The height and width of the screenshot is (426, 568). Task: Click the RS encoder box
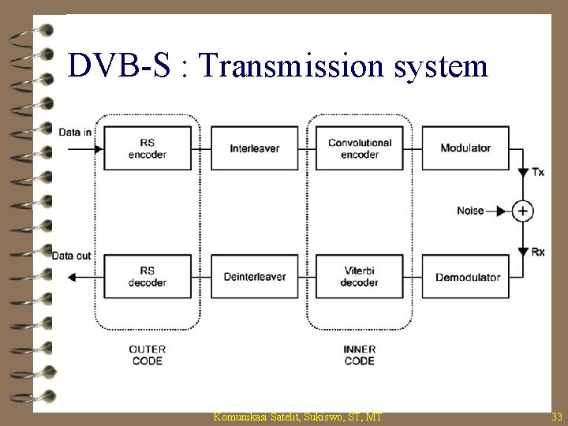(148, 148)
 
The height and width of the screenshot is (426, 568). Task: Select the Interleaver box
(255, 148)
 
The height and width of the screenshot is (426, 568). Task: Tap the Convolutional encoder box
(359, 148)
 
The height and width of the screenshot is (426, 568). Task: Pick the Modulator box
(465, 148)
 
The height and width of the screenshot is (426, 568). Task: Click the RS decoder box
(148, 277)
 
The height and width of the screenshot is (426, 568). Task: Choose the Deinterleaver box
(255, 277)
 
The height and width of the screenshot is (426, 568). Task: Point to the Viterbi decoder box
(359, 277)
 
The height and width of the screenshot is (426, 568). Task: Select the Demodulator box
(468, 277)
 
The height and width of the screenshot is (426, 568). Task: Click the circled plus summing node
(522, 211)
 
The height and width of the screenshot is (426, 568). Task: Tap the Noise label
(470, 211)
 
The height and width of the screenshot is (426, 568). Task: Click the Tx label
(538, 172)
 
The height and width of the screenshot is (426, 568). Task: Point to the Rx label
(538, 252)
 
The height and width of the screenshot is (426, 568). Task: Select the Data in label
(75, 132)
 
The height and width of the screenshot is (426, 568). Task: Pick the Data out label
(72, 256)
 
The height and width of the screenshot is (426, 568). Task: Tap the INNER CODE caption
(360, 354)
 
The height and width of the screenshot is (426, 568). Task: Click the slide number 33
(557, 416)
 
